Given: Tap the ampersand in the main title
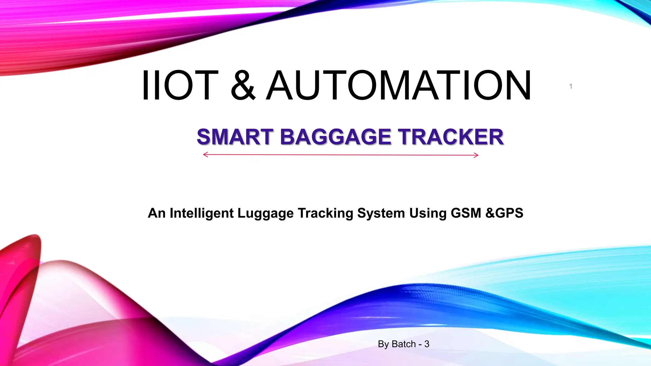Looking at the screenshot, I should coord(243,85).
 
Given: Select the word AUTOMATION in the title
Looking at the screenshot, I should coord(399,85).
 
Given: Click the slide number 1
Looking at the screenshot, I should coord(571,86).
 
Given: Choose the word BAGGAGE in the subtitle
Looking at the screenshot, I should coord(335,137).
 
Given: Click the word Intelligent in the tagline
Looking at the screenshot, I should coord(202,213).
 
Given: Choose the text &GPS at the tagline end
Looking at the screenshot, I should coord(504,213).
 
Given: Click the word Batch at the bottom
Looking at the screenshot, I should coord(404,344).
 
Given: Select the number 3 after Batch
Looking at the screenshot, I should coord(427,344).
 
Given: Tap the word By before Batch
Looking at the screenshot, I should coord(383,344).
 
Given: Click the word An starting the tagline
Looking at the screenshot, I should coord(157,213).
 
